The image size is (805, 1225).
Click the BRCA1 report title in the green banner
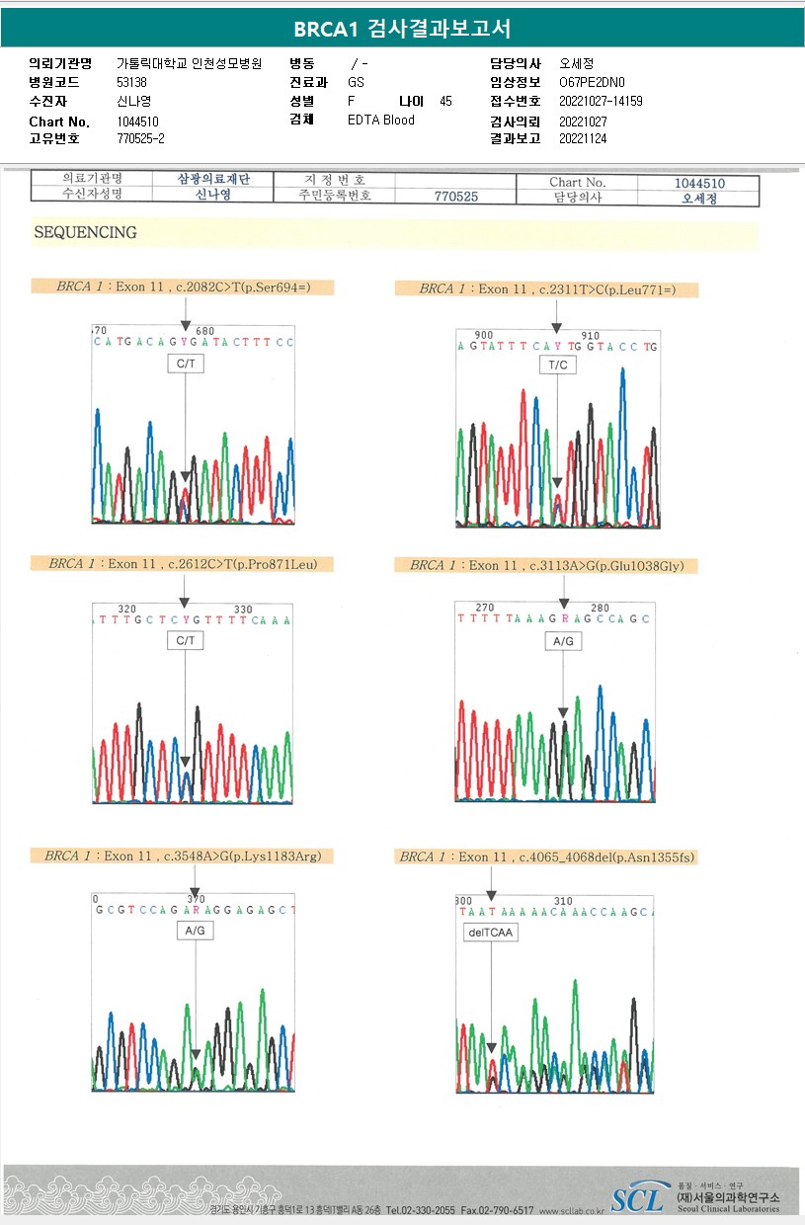click(402, 29)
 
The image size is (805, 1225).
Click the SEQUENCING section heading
click(85, 233)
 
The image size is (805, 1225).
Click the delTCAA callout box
click(491, 933)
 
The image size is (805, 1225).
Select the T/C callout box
click(557, 366)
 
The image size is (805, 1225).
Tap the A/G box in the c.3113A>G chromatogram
click(563, 641)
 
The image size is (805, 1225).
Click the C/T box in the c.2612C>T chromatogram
click(185, 641)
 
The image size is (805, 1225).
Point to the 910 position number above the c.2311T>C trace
click(591, 336)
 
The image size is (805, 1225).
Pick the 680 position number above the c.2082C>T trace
click(205, 331)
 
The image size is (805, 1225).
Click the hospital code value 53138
click(131, 83)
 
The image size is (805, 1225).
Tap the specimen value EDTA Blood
click(381, 121)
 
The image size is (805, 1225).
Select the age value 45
click(445, 102)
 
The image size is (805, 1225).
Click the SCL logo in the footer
click(636, 1199)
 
